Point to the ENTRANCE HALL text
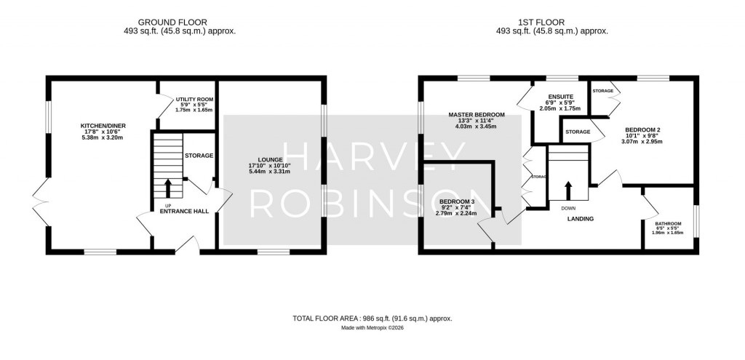(185, 212)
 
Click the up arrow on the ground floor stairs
(169, 188)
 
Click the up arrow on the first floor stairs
(568, 190)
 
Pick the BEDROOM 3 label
(457, 201)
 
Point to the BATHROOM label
(667, 224)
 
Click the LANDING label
(581, 218)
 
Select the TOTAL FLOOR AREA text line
(372, 319)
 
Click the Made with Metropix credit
(372, 328)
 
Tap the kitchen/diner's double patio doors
(39, 200)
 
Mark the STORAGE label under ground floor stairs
(199, 156)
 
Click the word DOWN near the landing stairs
(567, 208)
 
